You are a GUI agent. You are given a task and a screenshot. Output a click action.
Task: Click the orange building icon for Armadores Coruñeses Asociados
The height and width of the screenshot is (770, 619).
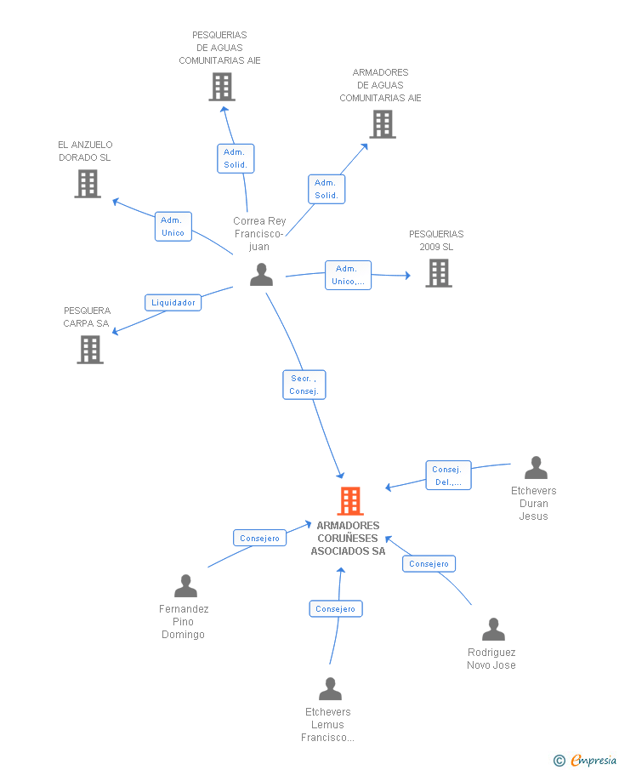tap(350, 501)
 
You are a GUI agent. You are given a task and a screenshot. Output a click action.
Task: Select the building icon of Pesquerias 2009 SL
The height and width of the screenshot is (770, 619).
tap(439, 273)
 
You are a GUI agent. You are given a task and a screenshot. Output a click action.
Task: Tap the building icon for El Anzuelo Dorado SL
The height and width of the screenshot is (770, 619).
tap(88, 184)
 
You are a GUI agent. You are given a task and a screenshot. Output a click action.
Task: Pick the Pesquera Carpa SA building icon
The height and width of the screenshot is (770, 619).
tap(90, 350)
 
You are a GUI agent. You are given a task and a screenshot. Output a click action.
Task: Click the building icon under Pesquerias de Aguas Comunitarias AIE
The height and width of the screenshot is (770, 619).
tap(222, 87)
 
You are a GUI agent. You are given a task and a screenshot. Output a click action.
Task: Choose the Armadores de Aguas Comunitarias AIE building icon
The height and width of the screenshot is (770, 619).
tap(383, 124)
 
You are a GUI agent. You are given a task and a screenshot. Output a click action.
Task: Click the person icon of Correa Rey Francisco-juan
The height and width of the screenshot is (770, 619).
tap(261, 275)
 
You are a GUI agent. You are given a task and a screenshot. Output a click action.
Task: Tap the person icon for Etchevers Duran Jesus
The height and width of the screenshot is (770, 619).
tap(536, 468)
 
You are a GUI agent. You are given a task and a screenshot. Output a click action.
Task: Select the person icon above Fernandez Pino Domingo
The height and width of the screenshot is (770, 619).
tap(185, 586)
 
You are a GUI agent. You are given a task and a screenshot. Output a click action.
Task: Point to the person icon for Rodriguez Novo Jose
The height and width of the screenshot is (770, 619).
tap(493, 630)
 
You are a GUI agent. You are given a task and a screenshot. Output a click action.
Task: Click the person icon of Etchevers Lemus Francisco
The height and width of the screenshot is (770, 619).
tap(330, 689)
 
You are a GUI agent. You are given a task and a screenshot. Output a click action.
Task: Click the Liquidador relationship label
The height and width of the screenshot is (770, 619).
tap(173, 302)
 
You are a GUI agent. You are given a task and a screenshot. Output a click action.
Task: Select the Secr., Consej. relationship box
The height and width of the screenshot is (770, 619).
tap(304, 385)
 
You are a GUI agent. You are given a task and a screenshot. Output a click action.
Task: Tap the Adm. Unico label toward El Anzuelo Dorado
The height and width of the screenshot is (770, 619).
tap(173, 226)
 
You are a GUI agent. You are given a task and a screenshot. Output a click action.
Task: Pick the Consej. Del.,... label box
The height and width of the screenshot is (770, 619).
tap(448, 476)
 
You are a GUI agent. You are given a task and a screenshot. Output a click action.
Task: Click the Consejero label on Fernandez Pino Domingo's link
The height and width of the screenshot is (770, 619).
tap(259, 538)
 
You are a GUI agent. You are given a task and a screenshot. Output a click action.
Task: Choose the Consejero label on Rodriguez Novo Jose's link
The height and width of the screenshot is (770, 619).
tap(429, 563)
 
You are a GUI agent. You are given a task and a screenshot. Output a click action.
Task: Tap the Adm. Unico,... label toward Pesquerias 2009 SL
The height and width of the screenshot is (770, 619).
tap(348, 275)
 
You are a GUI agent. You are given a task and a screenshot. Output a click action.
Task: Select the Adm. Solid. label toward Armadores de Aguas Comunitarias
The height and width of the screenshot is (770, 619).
tap(327, 189)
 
